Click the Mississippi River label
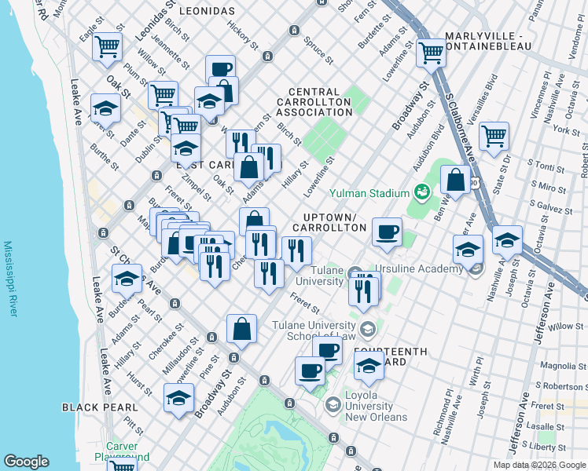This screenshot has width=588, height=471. [9, 279]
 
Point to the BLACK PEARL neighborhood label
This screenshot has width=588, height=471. [100, 407]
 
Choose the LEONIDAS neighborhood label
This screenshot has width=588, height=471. [207, 11]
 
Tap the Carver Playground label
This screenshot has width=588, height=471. [121, 451]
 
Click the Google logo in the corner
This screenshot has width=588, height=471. [26, 462]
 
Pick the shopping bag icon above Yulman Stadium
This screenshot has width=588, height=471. [455, 179]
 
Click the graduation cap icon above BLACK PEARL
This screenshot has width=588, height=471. [178, 396]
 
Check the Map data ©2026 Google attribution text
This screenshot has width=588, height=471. [538, 465]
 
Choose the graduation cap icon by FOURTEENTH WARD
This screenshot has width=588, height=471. [368, 364]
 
